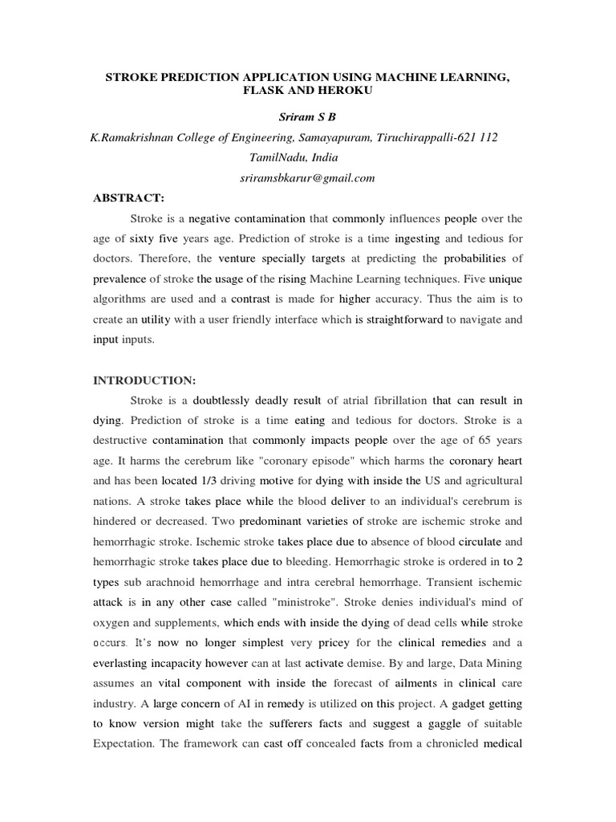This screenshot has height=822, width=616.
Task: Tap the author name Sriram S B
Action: coord(307,117)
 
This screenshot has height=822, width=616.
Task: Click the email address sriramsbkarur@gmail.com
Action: coord(307,177)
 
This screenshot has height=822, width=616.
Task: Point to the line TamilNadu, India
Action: coord(307,157)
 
